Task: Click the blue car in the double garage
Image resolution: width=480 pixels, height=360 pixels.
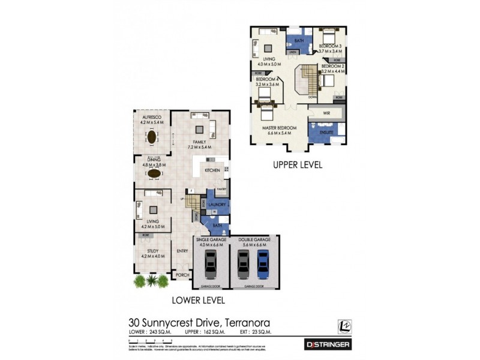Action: [262, 263]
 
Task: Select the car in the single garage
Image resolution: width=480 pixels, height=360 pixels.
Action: [209, 263]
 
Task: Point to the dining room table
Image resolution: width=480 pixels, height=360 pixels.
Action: [154, 173]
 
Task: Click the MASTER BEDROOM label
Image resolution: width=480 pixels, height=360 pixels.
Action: [279, 128]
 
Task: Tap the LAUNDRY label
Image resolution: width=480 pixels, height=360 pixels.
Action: [217, 205]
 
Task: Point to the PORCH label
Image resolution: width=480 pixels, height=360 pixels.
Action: [182, 275]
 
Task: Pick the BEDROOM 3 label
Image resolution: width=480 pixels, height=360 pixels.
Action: [330, 46]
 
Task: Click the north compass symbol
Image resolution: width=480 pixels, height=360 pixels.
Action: [343, 324]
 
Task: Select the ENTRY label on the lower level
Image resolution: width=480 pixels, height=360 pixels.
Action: [182, 251]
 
